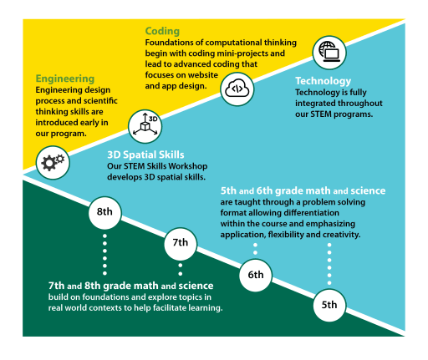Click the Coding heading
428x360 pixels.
click(162, 32)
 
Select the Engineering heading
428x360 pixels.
click(64, 79)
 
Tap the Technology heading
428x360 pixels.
click(323, 81)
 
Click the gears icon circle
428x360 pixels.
click(53, 162)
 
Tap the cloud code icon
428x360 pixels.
click(237, 86)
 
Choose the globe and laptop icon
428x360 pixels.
click(329, 53)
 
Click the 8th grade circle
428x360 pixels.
click(104, 212)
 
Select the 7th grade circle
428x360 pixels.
click(180, 243)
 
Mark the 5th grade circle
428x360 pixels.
click(329, 305)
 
